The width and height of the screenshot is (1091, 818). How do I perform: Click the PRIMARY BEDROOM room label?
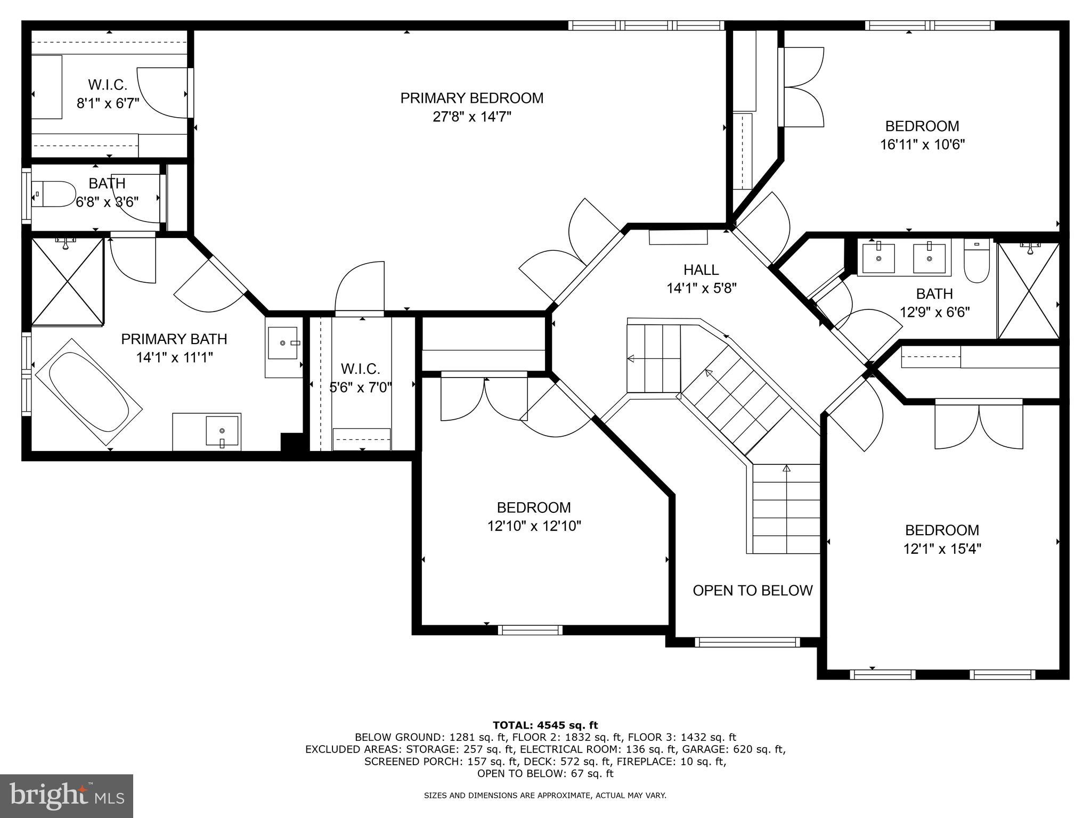(471, 98)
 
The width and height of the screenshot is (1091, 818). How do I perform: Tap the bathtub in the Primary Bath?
(88, 392)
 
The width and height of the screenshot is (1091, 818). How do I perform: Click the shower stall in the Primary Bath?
(67, 281)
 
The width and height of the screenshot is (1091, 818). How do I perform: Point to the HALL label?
(701, 270)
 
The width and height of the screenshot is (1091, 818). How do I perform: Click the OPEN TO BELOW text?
(752, 591)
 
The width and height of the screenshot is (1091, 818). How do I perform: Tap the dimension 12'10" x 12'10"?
(534, 526)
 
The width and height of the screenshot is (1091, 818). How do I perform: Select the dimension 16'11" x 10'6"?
(922, 145)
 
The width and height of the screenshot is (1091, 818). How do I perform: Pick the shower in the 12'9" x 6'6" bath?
(1028, 291)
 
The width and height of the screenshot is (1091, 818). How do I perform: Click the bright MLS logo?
(67, 796)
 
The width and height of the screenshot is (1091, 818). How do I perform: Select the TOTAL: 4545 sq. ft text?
(545, 725)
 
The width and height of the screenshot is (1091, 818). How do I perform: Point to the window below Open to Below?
(747, 642)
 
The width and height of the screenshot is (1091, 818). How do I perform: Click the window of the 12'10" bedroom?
(530, 630)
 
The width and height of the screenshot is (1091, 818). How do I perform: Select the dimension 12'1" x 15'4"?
(942, 549)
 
